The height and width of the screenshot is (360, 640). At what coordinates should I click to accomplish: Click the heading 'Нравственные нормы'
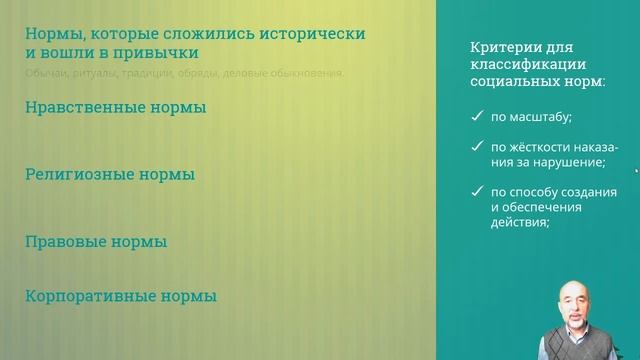[115, 107]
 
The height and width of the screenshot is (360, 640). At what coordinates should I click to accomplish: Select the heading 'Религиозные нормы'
[110, 174]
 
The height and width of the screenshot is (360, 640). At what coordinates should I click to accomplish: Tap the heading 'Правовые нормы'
[95, 241]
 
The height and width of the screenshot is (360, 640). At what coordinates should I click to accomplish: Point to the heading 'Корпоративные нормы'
[120, 296]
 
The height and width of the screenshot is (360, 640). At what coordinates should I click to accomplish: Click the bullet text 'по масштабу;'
[531, 117]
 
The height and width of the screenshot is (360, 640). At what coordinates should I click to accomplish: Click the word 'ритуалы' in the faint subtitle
[92, 73]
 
